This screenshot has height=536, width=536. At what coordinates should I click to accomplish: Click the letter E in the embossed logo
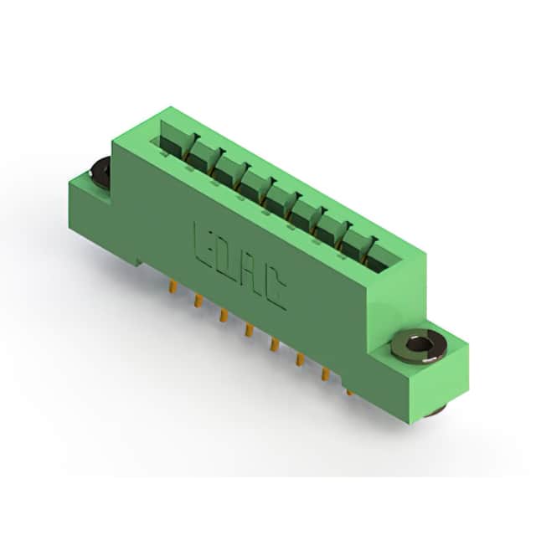point(204,246)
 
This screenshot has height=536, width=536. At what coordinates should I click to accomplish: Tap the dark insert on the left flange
point(100,173)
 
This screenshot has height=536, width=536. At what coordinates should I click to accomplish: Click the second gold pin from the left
point(198,301)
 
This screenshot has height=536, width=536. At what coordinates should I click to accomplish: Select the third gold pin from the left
point(224,316)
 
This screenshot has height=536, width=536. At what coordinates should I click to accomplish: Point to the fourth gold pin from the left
point(249,330)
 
